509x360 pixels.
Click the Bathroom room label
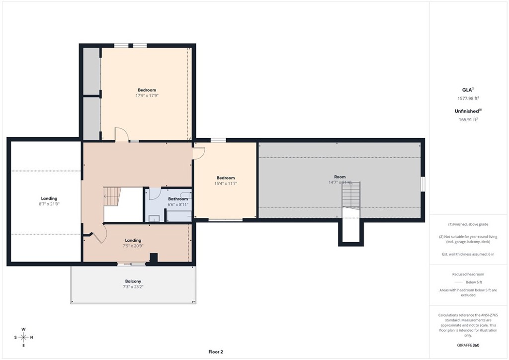coord(178,199)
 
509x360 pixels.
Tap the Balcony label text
coord(133,281)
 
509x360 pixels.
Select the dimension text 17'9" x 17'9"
coord(147,95)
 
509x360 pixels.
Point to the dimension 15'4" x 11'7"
coord(225,183)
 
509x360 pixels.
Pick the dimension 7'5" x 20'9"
coord(133,246)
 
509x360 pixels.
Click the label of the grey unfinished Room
coord(339,177)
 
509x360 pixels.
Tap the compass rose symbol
coord(23,337)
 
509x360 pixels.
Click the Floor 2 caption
coord(216,352)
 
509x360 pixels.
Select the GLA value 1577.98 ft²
coord(468,98)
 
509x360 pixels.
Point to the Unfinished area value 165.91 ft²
coord(468,119)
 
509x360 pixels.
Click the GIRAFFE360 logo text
coord(468,345)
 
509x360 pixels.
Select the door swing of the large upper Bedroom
coord(122,134)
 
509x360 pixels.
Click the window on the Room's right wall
coord(423,183)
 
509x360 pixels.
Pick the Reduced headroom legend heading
coord(468,274)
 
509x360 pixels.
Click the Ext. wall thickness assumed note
coord(468,254)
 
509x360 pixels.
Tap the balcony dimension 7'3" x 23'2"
coord(133,287)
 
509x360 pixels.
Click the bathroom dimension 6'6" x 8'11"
coord(178,204)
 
